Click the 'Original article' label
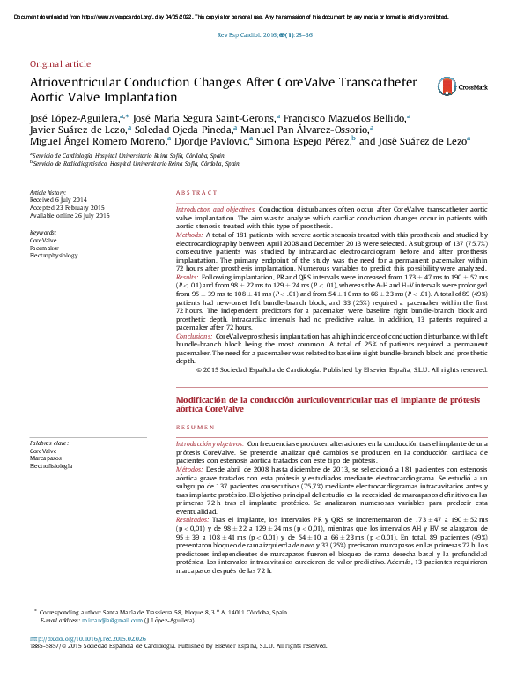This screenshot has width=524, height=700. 60,64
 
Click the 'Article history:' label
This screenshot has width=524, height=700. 48,192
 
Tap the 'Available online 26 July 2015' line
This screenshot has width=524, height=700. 70,216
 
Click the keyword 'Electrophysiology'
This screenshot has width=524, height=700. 54,256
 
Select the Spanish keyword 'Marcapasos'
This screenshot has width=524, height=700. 47,458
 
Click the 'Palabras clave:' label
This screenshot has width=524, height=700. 49,443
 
